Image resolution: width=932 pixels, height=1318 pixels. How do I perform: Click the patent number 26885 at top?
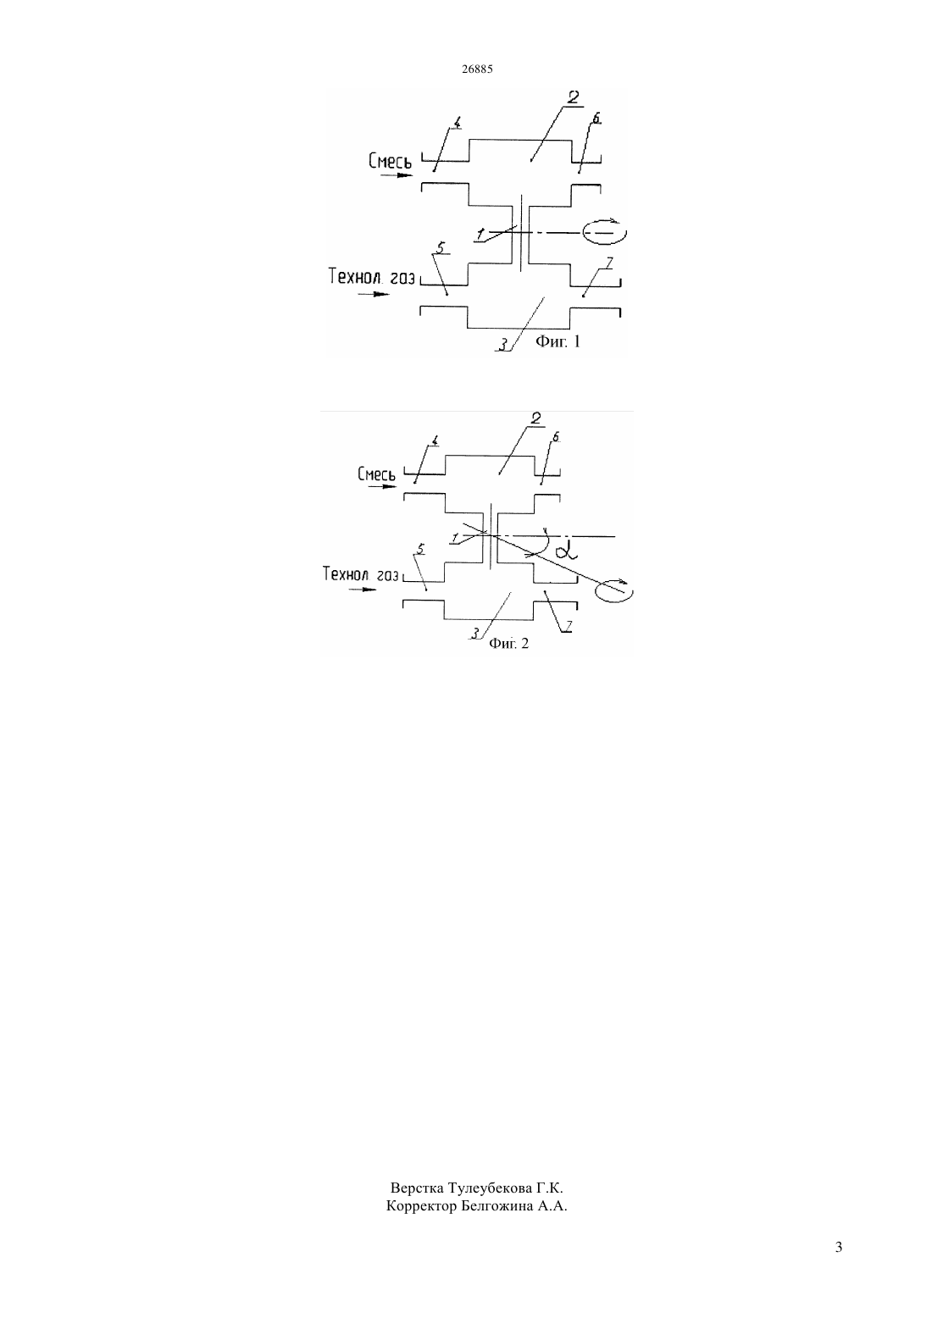[x=477, y=69]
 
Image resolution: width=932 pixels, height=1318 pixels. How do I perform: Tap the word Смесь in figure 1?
[x=390, y=161]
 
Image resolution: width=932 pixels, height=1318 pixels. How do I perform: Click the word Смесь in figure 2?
[x=376, y=473]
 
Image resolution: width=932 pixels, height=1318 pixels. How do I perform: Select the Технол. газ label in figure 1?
[x=371, y=276]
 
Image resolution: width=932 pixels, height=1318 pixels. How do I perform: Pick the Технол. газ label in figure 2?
[x=361, y=573]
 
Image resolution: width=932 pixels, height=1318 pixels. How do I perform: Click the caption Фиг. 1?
[x=558, y=341]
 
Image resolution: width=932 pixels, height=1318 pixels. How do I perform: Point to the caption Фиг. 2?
[x=509, y=643]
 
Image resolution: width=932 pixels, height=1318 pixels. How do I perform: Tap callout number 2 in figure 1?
[x=573, y=97]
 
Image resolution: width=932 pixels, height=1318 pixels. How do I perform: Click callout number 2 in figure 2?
[x=535, y=418]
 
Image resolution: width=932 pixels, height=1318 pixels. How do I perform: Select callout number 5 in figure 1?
[x=440, y=247]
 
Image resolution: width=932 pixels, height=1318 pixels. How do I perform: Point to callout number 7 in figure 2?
[x=569, y=625]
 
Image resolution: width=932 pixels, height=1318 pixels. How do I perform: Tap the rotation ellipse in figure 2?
[x=614, y=590]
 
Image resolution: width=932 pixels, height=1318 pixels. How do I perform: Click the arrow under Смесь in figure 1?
[x=397, y=175]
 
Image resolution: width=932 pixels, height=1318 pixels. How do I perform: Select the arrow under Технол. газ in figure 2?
[x=363, y=589]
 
